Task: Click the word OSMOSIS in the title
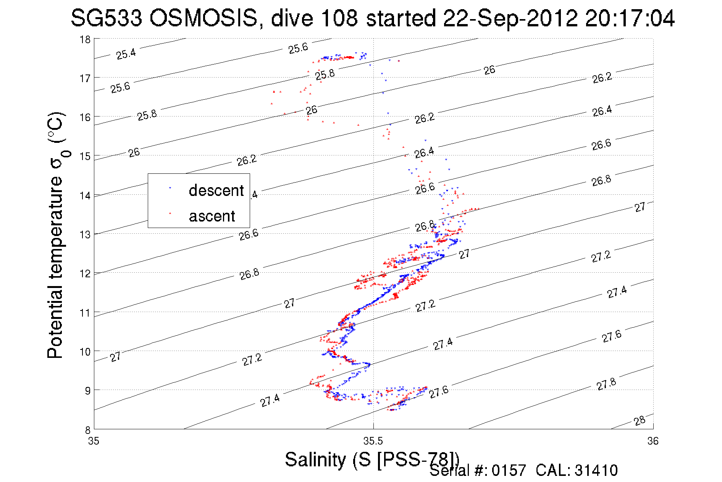(x=204, y=18)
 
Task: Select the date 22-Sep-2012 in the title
(x=510, y=18)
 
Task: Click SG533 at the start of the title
(x=106, y=18)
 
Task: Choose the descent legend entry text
(x=216, y=191)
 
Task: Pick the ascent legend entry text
(x=212, y=216)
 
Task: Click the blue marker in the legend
(x=170, y=188)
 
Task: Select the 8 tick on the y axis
(x=87, y=430)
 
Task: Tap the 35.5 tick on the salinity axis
(x=373, y=442)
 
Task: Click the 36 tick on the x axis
(x=653, y=442)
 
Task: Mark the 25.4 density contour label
(x=126, y=54)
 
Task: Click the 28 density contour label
(x=640, y=421)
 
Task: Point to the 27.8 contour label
(x=606, y=384)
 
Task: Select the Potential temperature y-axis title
(x=55, y=235)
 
